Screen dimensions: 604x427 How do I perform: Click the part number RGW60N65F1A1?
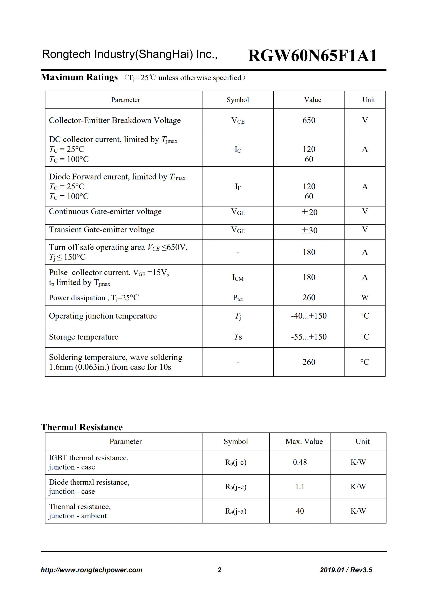coord(312,56)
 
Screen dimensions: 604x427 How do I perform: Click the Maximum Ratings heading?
coord(79,77)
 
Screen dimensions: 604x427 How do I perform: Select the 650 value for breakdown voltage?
coord(309,120)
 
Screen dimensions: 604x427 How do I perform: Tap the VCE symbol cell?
coord(238,121)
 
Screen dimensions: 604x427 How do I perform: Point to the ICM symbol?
coord(238,277)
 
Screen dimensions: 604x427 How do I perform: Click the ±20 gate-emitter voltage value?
coord(309,212)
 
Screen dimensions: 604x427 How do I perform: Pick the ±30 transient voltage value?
coord(309,230)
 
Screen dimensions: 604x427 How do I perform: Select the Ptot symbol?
coord(238,298)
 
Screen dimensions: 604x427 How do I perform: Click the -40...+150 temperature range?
coord(309,316)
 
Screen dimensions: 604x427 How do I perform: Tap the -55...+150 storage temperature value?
coord(309,337)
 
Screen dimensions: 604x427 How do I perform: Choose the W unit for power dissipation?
coord(365,298)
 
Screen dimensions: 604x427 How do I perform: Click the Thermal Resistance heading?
coord(82,427)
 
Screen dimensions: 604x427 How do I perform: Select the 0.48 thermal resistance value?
coord(300,462)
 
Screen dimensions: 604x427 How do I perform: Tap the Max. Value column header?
coord(304,441)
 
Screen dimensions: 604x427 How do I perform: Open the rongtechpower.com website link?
coord(91,570)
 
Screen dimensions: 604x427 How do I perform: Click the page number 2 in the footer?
coord(219,570)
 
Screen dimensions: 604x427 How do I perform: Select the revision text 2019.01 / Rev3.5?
coord(346,570)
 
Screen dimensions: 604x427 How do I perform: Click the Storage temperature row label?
coord(84,337)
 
